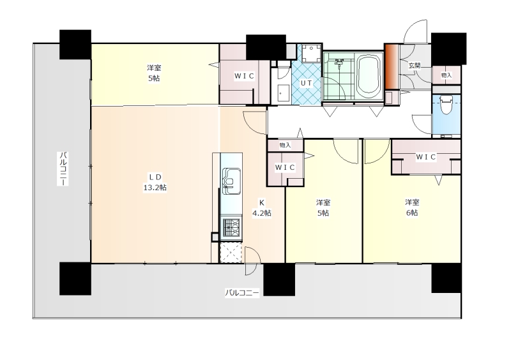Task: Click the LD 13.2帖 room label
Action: tap(155, 183)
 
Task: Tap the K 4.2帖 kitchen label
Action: tap(262, 208)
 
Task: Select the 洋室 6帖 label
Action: tap(412, 207)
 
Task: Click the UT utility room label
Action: tap(306, 83)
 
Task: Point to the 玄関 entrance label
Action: tap(415, 66)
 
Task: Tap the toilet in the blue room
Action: tap(445, 104)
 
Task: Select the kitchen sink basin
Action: tap(231, 181)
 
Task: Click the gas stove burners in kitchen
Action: tap(231, 227)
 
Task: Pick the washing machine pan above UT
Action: tap(310, 53)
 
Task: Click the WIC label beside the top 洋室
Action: tap(244, 76)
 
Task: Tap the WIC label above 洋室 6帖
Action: tap(425, 157)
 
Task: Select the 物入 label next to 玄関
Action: tap(446, 75)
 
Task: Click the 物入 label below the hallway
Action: tap(285, 146)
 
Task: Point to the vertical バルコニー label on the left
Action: tap(63, 169)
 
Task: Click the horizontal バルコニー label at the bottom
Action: tap(242, 292)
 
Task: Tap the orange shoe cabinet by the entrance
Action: tap(392, 66)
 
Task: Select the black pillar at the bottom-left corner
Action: tap(75, 279)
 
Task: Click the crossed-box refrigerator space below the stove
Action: tap(231, 252)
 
